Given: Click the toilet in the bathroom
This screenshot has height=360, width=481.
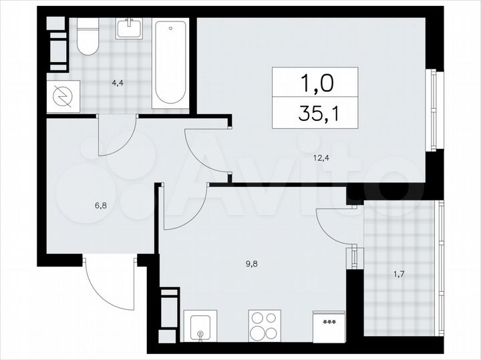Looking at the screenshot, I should coord(87,37).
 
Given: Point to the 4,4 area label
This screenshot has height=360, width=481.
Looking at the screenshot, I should coord(118,83).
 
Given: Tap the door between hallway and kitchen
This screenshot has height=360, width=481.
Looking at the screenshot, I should coord(182,210).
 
